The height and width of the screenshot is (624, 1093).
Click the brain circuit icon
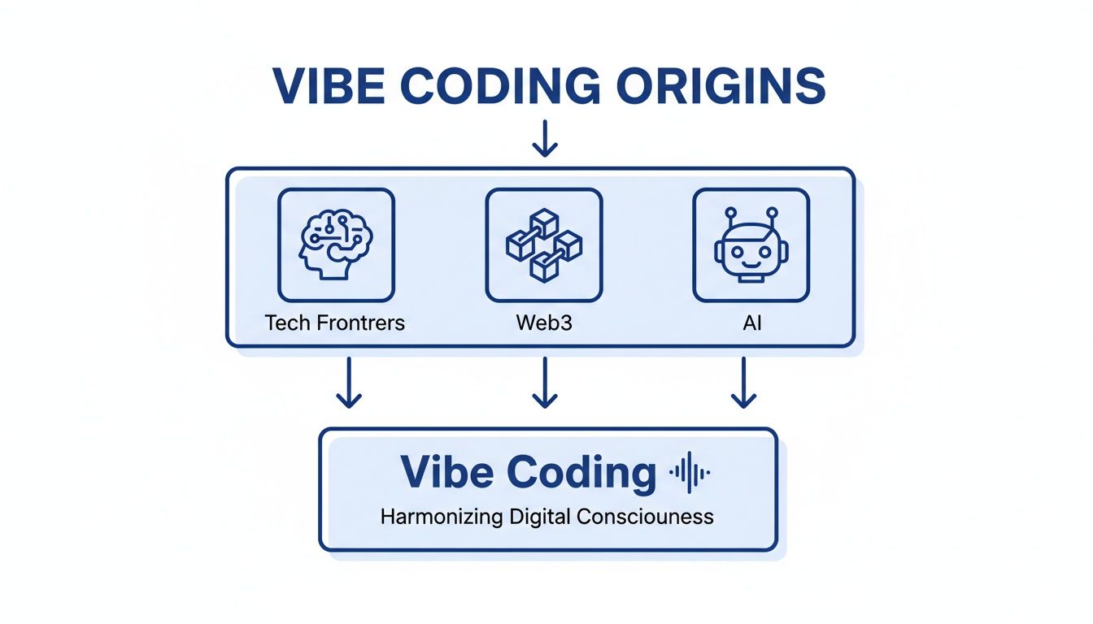336,245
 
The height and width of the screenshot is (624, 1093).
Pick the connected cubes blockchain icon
543,245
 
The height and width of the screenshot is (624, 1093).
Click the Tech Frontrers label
335,323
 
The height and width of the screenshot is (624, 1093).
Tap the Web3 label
544,323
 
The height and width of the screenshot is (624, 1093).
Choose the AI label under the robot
751,323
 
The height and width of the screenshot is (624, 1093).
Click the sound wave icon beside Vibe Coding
689,472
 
